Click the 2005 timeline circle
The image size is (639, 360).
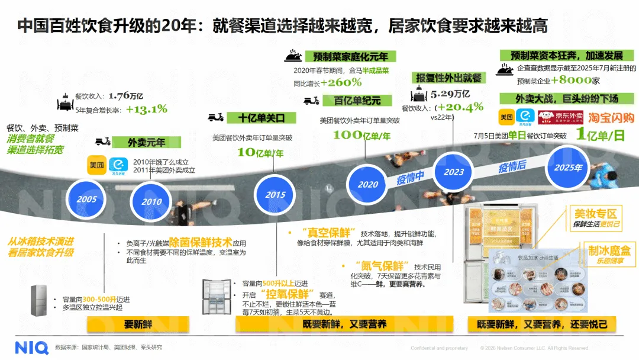(86, 198)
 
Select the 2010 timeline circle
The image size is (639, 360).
(151, 201)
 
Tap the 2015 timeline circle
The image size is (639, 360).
(275, 194)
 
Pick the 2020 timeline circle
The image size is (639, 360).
(367, 184)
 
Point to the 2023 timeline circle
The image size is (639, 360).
(454, 172)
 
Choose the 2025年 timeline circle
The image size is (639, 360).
(568, 166)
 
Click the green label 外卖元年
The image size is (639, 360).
(146, 142)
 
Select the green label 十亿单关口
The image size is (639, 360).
(261, 117)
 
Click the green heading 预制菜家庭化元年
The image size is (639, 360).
(351, 57)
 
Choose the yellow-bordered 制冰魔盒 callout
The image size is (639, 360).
(608, 255)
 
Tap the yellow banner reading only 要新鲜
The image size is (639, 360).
(138, 324)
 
